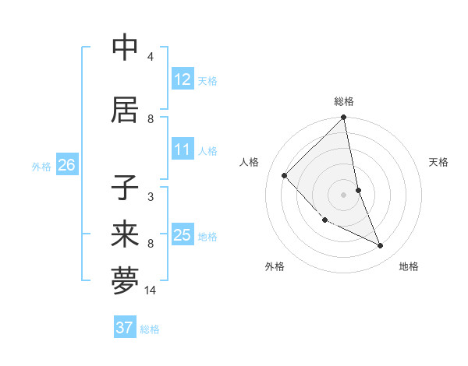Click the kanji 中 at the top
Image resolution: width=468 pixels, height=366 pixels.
tap(125, 48)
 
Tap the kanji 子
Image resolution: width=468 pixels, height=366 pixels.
tap(125, 189)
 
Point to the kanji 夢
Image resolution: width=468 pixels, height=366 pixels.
tap(125, 281)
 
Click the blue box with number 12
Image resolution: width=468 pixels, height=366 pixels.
tap(182, 79)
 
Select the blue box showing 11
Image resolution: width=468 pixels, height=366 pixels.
tap(182, 150)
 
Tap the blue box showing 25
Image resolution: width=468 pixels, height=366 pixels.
tap(182, 235)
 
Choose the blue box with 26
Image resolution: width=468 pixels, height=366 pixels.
tap(66, 165)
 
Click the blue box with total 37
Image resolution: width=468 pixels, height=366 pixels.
tap(124, 328)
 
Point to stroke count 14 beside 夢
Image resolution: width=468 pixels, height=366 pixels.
tap(151, 290)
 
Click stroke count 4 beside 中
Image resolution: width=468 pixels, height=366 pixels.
tap(151, 57)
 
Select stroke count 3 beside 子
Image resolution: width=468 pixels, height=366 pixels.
tap(151, 197)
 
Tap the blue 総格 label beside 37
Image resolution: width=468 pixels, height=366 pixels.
tap(150, 329)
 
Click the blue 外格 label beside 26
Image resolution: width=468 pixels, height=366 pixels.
tap(41, 166)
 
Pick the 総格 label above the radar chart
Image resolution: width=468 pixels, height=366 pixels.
tap(344, 101)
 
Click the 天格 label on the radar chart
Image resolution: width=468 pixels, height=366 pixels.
tap(438, 162)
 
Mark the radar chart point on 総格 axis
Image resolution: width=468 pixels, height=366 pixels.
tap(344, 118)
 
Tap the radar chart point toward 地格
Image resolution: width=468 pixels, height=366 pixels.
tap(381, 246)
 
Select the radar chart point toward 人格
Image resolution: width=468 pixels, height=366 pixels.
tap(285, 175)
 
